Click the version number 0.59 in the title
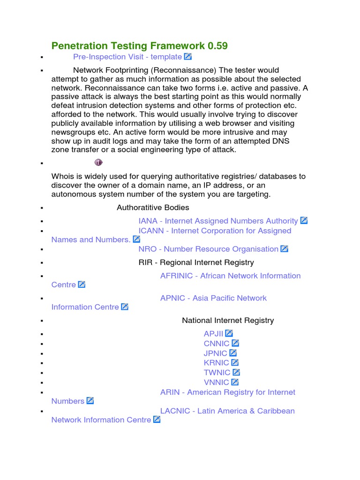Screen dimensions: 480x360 [217, 45]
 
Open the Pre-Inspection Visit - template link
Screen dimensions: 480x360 [127, 57]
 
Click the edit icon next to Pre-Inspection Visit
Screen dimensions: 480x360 [187, 57]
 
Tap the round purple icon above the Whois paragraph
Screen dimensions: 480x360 [98, 162]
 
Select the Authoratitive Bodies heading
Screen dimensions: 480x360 [153, 207]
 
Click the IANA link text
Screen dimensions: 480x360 [148, 221]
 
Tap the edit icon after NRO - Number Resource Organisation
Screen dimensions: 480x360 [284, 249]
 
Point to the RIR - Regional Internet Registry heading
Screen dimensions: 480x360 [196, 262]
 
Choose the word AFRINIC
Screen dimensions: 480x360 [176, 276]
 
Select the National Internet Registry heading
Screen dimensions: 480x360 [228, 321]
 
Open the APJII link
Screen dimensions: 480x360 [213, 334]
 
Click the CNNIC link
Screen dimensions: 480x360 [217, 344]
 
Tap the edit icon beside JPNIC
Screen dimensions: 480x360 [233, 353]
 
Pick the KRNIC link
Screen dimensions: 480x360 [216, 363]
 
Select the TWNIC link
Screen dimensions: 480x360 [217, 373]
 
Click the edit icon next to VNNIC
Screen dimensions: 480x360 [235, 382]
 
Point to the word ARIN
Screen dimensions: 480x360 [170, 392]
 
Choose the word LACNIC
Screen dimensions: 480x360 [175, 411]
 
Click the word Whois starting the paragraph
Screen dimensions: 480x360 [62, 176]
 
